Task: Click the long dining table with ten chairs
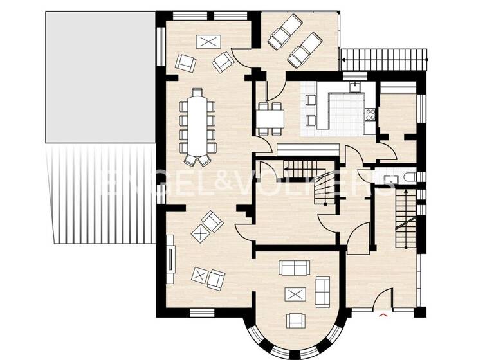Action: (x=197, y=124)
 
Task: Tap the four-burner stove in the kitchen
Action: (x=369, y=116)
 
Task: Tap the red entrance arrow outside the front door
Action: (x=384, y=314)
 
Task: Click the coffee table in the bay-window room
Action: (x=296, y=294)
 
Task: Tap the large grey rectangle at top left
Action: (x=99, y=77)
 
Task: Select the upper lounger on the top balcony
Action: (x=284, y=32)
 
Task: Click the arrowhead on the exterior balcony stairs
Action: (x=345, y=60)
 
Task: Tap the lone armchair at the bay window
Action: (x=297, y=319)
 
